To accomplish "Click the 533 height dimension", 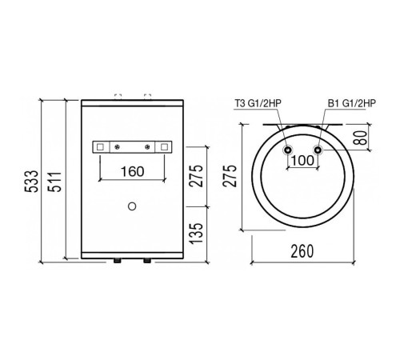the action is click(32, 182).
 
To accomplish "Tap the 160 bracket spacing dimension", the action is click(132, 171).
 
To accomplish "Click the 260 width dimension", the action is click(302, 251).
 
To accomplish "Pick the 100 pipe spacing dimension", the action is click(302, 160).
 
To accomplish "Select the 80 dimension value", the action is click(362, 138).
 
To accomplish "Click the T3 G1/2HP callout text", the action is click(258, 103).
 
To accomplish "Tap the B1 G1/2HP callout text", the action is click(352, 103).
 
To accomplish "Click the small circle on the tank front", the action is click(132, 206).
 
